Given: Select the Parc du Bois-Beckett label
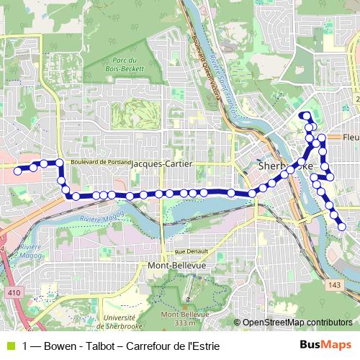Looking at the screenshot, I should (128, 64).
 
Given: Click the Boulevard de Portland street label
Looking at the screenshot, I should (100, 162).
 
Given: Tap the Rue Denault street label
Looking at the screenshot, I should (192, 251).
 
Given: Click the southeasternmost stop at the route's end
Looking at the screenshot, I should (342, 228).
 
